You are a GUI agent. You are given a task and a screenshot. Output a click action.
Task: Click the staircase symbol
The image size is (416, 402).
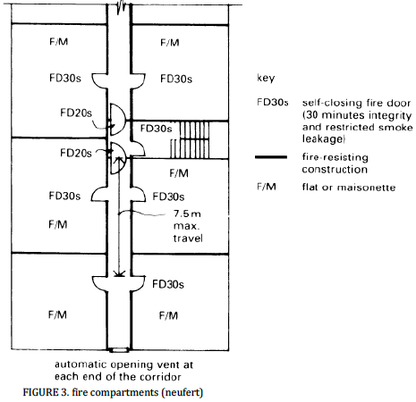pyautogui.click(x=190, y=139)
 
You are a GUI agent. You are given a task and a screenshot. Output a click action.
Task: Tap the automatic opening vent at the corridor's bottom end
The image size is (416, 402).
pyautogui.click(x=119, y=350)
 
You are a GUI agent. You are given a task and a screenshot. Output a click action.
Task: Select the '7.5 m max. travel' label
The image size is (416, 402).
pyautogui.click(x=188, y=226)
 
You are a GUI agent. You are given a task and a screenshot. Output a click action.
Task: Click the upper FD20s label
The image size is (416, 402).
pyautogui.click(x=76, y=113)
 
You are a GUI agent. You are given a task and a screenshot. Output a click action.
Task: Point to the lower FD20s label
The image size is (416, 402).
pyautogui.click(x=76, y=153)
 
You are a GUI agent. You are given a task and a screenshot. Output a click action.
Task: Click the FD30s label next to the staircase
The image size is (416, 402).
pyautogui.click(x=156, y=129)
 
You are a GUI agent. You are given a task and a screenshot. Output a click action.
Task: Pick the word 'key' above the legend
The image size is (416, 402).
pyautogui.click(x=266, y=78)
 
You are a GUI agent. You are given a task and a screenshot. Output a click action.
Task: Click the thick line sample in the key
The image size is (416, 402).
pyautogui.click(x=271, y=157)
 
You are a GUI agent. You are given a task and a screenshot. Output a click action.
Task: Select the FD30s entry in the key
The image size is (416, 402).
pyautogui.click(x=273, y=103)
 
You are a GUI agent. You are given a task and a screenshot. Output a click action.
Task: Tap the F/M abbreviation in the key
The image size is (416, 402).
pyautogui.click(x=267, y=187)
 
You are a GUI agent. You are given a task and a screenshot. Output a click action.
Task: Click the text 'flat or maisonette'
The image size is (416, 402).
pyautogui.click(x=349, y=188)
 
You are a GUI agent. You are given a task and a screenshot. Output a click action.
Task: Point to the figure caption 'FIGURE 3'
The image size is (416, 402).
pyautogui.click(x=46, y=392)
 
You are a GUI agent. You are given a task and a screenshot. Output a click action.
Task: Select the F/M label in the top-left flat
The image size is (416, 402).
pyautogui.click(x=59, y=41)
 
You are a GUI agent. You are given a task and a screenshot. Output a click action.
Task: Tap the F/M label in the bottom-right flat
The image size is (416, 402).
pyautogui.click(x=168, y=315)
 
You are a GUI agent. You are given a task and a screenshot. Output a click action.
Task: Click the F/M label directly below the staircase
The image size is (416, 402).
pyautogui.click(x=179, y=173)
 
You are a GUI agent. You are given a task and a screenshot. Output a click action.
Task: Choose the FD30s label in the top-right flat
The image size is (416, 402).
pyautogui.click(x=176, y=79)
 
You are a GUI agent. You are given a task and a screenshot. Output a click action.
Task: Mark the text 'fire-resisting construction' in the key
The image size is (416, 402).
pyautogui.click(x=335, y=163)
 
